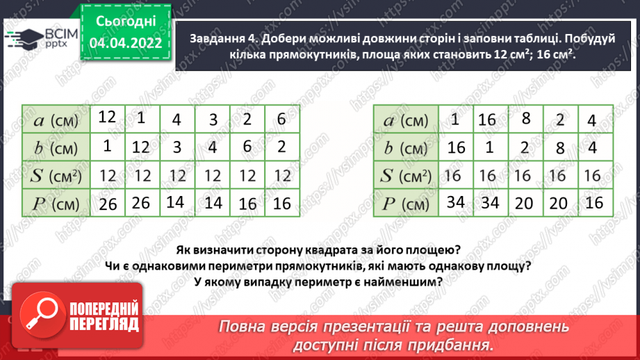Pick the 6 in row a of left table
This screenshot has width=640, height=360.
[x=281, y=119]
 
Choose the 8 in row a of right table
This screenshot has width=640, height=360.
[x=525, y=118]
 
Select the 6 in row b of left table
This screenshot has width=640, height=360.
[x=246, y=147]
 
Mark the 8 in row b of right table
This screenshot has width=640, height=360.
[x=558, y=147]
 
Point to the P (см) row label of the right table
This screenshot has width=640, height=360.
[x=406, y=204]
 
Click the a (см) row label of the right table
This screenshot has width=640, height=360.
[x=406, y=120]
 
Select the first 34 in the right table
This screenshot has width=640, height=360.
[x=455, y=202]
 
